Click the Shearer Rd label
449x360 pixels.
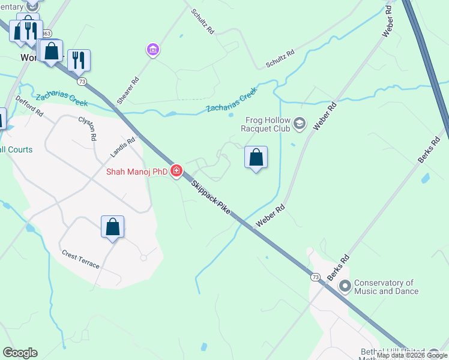coord(128,91)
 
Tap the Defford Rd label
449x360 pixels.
coord(30,106)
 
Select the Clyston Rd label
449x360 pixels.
coord(88,128)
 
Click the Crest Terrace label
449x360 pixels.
coord(81,259)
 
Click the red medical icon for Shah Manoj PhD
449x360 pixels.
coord(176,171)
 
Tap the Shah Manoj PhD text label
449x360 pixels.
coord(137,172)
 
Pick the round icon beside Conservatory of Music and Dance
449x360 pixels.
coord(345,286)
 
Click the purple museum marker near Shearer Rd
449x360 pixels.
coord(153,49)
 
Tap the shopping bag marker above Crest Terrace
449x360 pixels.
coord(112,227)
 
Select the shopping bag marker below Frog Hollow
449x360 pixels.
coord(256,158)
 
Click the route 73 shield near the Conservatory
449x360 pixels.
coord(316,277)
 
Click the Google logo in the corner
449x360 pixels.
coord(20,353)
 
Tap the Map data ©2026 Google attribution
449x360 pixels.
coord(411,355)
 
